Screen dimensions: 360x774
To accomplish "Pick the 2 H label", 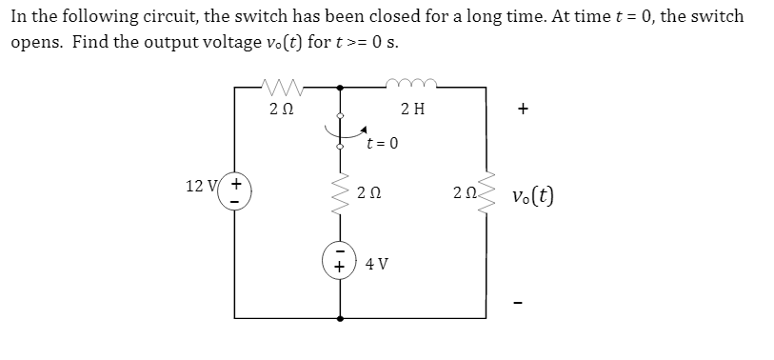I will (x=413, y=109).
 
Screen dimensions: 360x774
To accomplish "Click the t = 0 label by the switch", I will (x=382, y=145).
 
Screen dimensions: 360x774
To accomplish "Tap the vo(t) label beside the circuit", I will (x=533, y=196).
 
